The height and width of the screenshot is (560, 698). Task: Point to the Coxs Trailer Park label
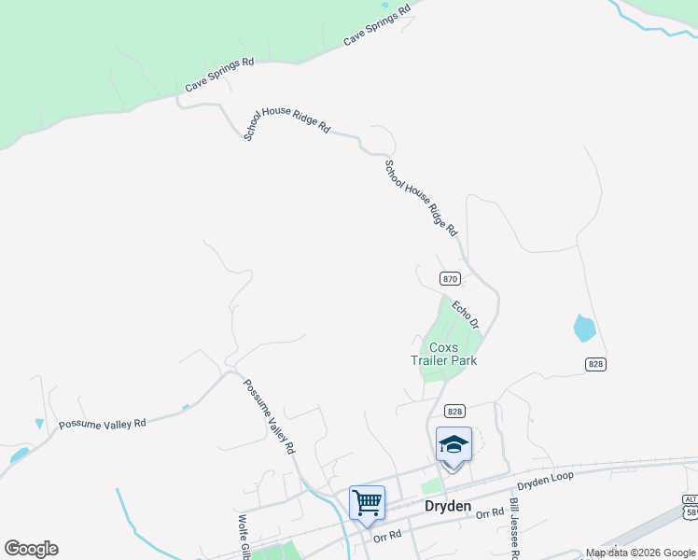[x=444, y=354]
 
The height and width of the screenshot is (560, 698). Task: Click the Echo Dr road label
[x=466, y=315]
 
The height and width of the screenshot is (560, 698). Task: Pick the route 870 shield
[x=450, y=279]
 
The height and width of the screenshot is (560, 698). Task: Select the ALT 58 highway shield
[x=690, y=507]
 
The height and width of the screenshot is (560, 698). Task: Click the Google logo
[x=31, y=549]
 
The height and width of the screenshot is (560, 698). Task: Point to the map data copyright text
[x=641, y=553]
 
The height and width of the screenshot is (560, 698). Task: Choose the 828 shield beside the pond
[x=596, y=364]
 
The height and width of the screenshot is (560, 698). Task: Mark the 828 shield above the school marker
[x=454, y=411]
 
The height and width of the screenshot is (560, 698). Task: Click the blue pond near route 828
[x=584, y=329]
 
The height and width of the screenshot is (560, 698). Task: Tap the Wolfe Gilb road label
[x=242, y=538]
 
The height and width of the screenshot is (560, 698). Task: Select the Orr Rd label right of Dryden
[x=489, y=514]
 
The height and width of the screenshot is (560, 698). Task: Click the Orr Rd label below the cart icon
[x=386, y=537]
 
